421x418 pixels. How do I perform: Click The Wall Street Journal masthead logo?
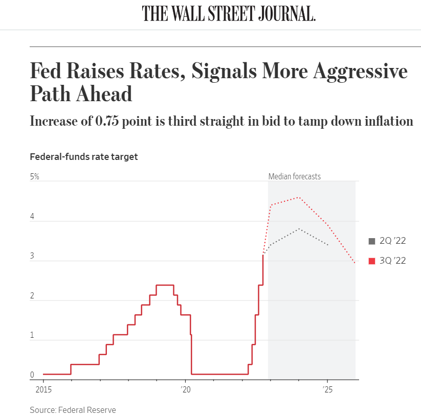pos(229,14)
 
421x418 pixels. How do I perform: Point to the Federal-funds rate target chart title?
pos(84,157)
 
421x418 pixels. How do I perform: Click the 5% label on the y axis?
pos(35,177)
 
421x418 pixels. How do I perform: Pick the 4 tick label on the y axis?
pos(32,217)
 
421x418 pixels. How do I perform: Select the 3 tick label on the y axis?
pos(32,256)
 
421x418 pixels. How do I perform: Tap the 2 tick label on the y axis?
pos(32,296)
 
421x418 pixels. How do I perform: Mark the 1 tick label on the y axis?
pos(32,336)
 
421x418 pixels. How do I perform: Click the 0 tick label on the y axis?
pos(32,375)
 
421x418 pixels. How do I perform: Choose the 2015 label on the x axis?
pos(43,389)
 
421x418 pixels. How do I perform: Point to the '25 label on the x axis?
pos(327,389)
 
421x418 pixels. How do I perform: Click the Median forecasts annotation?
pos(294,177)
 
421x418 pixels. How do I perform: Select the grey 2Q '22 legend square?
pos(372,241)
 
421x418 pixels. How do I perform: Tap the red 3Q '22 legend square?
pos(372,261)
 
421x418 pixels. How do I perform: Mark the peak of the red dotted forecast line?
pos(299,197)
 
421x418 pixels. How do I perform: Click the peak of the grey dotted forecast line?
pos(299,229)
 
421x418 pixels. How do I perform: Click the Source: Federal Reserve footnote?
pos(73,410)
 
